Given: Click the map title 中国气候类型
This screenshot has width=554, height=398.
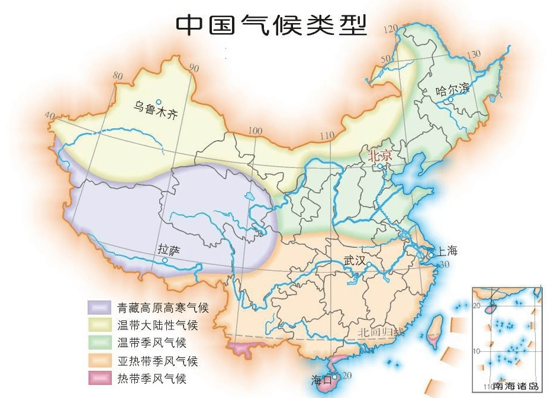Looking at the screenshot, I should [272, 25].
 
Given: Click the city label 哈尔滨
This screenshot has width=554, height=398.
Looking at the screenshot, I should [452, 90].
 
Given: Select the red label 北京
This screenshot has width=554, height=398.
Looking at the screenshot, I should [380, 156].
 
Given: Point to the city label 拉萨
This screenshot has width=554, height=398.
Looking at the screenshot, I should [167, 250].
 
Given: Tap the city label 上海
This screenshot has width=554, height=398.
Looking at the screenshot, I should [447, 251].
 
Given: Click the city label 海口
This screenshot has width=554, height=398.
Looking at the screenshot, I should [321, 380].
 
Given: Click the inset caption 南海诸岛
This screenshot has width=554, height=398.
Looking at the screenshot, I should [516, 386].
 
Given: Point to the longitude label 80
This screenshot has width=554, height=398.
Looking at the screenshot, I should [117, 76].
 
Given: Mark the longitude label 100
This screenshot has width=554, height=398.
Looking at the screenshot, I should [255, 131].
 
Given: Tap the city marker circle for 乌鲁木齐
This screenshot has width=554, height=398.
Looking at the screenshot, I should [158, 102].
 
